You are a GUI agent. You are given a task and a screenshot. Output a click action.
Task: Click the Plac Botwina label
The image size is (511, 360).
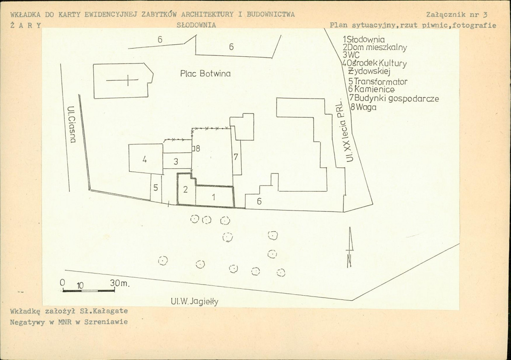pyautogui.click(x=205, y=74)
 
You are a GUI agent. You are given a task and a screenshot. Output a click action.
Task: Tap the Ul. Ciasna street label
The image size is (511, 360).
pyautogui.click(x=72, y=124)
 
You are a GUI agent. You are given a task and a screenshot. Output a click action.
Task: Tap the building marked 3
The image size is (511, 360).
pyautogui.click(x=176, y=161)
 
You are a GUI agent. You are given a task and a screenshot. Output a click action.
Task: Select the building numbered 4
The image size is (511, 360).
pyautogui.click(x=145, y=158)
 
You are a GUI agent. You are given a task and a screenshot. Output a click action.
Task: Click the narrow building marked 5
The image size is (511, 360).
pyautogui.click(x=156, y=187)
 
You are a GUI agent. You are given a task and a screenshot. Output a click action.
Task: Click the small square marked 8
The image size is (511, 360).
pyautogui.click(x=193, y=149)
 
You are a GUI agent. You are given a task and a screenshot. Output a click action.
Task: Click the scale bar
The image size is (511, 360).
pyautogui.click(x=89, y=290)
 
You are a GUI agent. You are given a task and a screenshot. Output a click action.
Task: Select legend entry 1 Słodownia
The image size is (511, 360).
pyautogui.click(x=364, y=40)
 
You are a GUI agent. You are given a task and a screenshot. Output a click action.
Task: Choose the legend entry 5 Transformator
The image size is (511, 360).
pyautogui.click(x=378, y=81)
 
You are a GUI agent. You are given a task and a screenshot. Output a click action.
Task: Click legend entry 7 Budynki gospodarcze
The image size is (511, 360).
pyautogui.click(x=394, y=98)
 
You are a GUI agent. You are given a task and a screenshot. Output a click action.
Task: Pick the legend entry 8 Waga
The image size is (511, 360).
pyautogui.click(x=364, y=107)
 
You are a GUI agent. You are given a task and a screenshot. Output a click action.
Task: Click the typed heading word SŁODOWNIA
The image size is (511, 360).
pyautogui.click(x=196, y=25)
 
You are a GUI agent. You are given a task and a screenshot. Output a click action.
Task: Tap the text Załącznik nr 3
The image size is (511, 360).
pyautogui.click(x=456, y=14)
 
